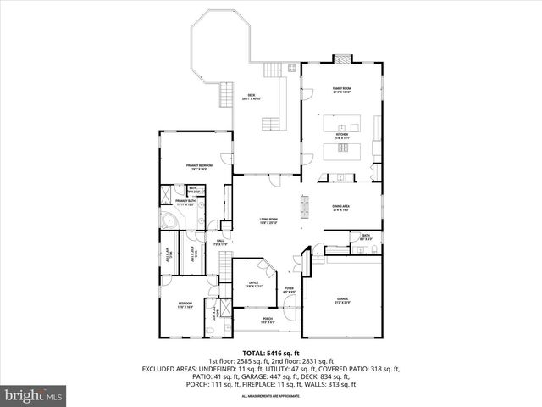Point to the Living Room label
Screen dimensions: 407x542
269,221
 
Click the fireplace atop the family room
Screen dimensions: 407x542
341,59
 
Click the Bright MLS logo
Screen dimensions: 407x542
34,395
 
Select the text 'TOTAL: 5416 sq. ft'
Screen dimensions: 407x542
271,352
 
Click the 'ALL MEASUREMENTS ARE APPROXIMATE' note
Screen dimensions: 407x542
271,396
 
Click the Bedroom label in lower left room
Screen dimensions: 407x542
185,304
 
